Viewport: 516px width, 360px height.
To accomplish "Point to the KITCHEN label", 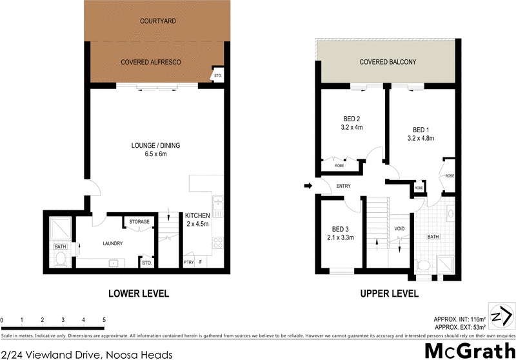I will [197, 215].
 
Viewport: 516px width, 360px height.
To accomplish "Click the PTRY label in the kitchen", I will [188, 263].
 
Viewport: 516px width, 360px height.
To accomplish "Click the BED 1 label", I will [421, 128].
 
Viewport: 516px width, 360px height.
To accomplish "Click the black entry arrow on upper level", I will [308, 186].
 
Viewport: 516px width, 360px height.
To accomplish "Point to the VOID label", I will [399, 229].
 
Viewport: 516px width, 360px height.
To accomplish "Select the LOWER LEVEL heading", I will [138, 294].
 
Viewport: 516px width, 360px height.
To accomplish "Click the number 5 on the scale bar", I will [104, 321].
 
